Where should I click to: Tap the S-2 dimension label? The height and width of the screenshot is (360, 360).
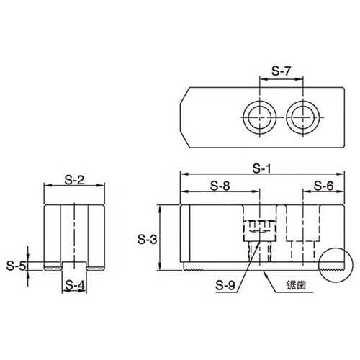point(72,180)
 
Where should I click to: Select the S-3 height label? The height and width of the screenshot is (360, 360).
point(148,238)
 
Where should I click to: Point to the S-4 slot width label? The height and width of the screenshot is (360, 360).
point(72,285)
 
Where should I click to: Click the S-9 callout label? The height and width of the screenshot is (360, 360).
point(226,285)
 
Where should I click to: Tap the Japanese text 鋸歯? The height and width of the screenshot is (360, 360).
point(296,286)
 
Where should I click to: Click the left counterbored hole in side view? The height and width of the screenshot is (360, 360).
point(258,238)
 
